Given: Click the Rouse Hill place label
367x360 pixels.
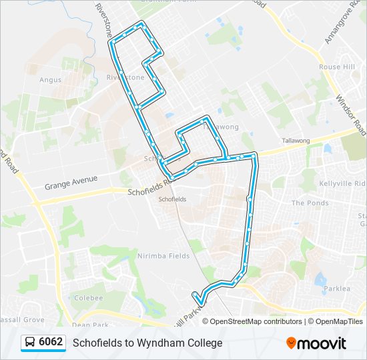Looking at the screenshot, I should [x=337, y=67].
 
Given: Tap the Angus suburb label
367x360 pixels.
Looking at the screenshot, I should [x=50, y=80].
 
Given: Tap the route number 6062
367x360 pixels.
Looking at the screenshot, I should [x=51, y=343].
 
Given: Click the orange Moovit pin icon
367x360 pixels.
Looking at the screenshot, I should [x=292, y=343].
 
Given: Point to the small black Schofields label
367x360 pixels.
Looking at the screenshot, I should [x=171, y=199].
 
